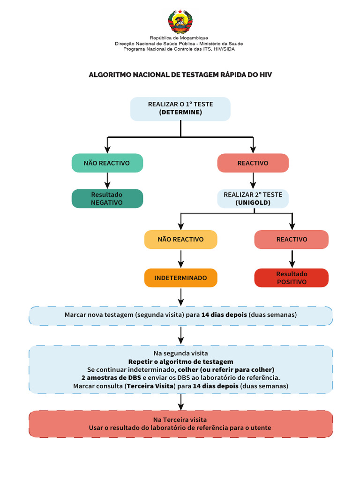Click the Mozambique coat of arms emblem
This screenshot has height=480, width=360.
tap(180, 22)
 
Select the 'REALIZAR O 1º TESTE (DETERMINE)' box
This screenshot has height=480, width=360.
tap(180, 109)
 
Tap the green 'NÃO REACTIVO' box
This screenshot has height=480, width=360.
tap(107, 163)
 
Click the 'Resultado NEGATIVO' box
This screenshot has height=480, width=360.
tap(107, 199)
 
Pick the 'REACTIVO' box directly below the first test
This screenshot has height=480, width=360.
tap(253, 163)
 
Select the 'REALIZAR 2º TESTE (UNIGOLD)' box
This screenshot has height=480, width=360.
tap(253, 199)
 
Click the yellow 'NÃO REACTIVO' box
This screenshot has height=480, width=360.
tap(180, 240)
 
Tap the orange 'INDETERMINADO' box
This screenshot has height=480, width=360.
tap(180, 278)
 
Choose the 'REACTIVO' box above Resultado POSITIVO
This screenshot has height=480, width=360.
tap(292, 240)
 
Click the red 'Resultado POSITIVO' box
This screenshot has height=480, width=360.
tap(292, 278)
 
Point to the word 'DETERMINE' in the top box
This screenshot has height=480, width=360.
tap(180, 112)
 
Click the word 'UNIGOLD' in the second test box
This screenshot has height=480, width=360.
tap(253, 202)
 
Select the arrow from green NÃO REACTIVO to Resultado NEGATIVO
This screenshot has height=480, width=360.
tap(107, 180)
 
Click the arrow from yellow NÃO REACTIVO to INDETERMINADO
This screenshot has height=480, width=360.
tap(181, 259)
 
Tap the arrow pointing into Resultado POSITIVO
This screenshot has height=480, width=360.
tap(292, 259)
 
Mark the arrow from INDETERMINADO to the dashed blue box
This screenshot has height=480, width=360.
tap(181, 297)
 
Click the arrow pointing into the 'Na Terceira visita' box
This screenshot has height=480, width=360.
tap(181, 402)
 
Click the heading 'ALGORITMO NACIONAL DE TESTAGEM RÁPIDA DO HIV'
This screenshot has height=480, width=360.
tap(180, 75)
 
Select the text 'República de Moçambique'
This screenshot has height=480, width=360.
tap(179, 38)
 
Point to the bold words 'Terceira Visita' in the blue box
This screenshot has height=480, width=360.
tap(150, 386)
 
